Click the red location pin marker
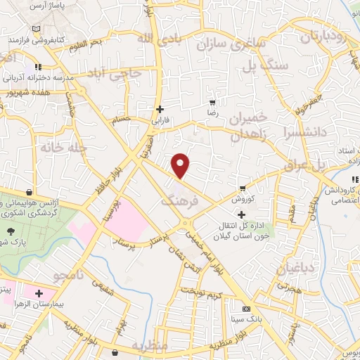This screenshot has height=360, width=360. [181, 165]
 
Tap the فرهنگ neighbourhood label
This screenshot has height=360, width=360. [181, 201]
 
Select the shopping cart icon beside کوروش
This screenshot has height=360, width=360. [243, 188]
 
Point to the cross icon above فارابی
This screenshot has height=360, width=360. [161, 109]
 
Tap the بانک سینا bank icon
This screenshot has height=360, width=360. [246, 309]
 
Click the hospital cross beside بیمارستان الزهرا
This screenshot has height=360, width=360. [39, 292]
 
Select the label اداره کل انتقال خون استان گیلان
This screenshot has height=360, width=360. [264, 229]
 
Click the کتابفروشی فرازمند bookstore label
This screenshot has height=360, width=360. [39, 40]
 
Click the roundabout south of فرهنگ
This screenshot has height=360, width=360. [188, 224]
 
